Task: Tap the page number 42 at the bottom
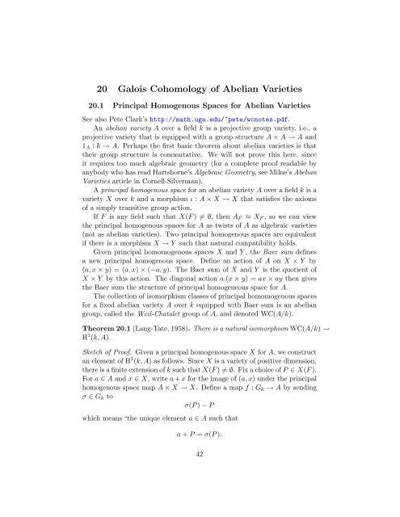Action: point(200,500)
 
